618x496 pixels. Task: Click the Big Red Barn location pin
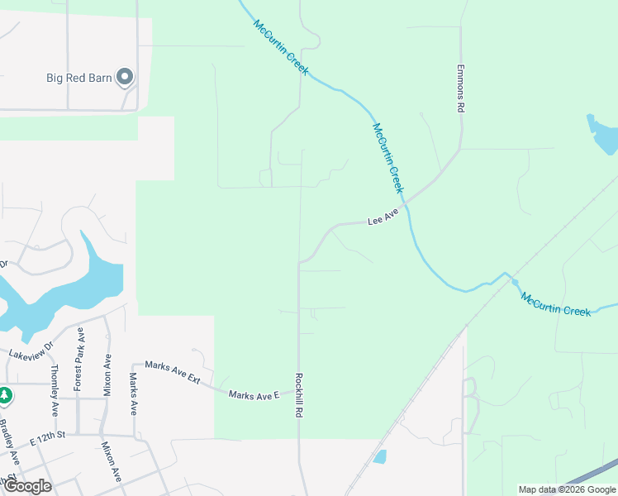125,77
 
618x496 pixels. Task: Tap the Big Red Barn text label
80,79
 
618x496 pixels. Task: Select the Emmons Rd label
462,89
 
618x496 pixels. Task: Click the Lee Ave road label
383,217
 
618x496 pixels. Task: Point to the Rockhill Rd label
299,393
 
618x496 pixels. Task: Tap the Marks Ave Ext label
173,370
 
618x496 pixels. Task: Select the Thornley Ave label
55,389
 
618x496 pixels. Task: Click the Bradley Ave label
11,443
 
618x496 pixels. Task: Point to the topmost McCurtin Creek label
281,47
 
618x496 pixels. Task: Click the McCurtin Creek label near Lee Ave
387,158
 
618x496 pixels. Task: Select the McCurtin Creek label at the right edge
556,303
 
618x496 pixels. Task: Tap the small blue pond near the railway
379,456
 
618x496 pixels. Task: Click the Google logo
27,486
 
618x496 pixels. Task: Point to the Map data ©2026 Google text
566,489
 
